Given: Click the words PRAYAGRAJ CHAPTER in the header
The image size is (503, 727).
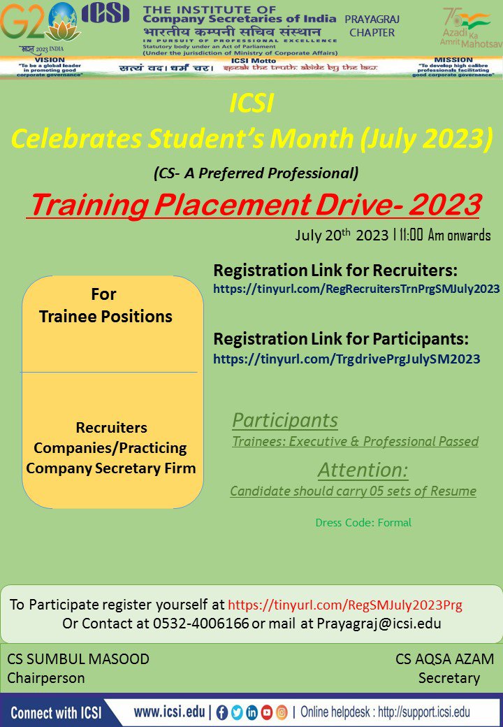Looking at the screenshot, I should [x=370, y=26].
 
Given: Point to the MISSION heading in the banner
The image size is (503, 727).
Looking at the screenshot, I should [x=453, y=60].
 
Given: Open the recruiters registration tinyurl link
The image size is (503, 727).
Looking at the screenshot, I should [x=356, y=289].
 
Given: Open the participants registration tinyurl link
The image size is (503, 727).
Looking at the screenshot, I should [x=347, y=359].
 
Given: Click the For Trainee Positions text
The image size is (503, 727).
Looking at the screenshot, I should [x=105, y=305].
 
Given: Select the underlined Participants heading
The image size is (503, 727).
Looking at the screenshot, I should [x=285, y=420].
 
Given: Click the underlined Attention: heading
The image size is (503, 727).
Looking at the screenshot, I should [x=363, y=469].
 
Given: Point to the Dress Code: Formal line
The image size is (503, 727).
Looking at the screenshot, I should [x=363, y=522].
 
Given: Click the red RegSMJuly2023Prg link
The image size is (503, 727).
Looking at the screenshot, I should [x=345, y=605].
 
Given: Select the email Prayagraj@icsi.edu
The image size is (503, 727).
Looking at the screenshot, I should [x=379, y=623].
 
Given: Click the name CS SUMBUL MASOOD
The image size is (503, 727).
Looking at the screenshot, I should [x=78, y=659].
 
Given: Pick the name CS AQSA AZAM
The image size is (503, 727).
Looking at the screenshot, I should [x=444, y=659].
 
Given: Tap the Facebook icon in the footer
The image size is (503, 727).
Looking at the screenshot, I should [x=222, y=713].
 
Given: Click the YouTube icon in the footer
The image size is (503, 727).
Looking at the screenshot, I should [x=267, y=713].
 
